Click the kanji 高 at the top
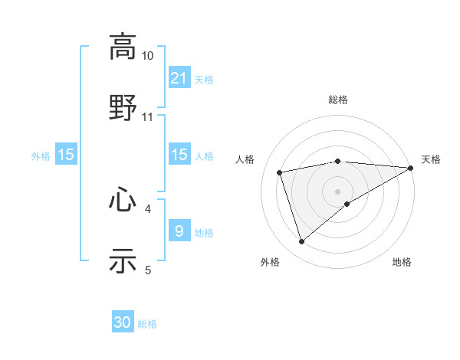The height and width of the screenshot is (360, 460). [x=123, y=47]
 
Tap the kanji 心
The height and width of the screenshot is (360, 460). [x=123, y=200]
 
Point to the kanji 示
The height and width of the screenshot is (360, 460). [x=123, y=260]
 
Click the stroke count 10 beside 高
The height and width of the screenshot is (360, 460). [x=148, y=56]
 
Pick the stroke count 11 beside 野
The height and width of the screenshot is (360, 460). [x=148, y=116]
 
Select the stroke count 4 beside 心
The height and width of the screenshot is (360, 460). [x=148, y=208]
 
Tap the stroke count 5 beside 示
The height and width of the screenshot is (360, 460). [x=148, y=270]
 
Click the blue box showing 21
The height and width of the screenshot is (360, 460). [x=179, y=77]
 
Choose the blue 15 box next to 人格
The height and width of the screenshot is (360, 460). [x=179, y=155]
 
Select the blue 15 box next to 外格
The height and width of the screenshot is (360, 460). [x=66, y=155]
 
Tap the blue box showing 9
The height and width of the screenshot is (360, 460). [x=179, y=231]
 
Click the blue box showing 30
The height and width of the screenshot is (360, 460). [x=123, y=322]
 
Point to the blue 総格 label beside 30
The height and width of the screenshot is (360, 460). [x=147, y=324]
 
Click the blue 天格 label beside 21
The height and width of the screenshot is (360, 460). [x=204, y=79]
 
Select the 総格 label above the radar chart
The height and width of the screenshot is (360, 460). [x=338, y=100]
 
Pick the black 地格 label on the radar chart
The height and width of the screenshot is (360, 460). [x=402, y=262]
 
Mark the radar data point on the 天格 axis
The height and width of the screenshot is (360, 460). [x=411, y=167]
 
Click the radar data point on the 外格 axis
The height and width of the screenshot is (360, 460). [x=301, y=242]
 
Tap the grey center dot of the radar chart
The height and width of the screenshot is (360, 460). [x=338, y=191]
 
